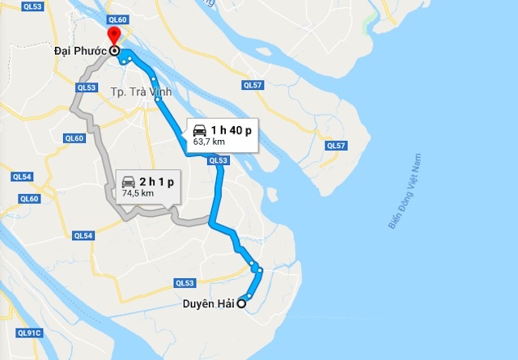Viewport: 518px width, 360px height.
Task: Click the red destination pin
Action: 113,35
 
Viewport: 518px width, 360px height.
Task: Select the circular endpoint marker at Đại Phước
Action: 114,51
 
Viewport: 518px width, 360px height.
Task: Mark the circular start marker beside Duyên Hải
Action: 241,304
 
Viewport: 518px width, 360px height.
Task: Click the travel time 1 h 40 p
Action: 231,129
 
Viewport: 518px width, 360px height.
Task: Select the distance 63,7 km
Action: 209,142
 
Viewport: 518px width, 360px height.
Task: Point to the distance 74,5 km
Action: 138,194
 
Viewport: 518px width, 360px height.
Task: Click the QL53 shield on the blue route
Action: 218,161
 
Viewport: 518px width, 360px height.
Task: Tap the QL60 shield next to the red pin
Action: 117,19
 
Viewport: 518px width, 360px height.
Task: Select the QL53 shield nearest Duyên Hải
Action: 185,282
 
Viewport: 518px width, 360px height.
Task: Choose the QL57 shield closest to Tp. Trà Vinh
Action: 253,84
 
